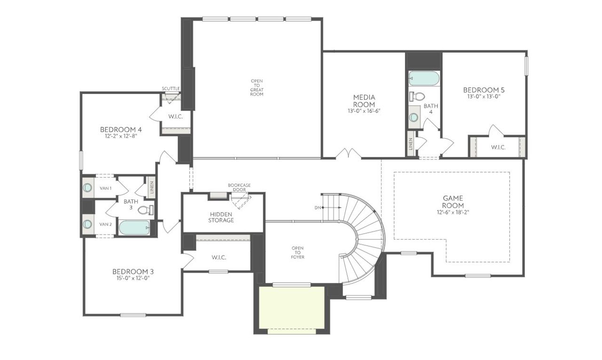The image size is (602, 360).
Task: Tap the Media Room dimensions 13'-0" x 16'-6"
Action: click(x=364, y=111)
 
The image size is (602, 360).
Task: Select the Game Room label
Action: click(x=453, y=202)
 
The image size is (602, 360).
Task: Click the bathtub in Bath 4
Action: click(x=424, y=78)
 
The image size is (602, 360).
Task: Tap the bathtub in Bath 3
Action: click(x=134, y=228)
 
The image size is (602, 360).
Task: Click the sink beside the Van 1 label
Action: click(x=88, y=188)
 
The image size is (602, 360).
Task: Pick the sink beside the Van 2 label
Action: click(x=88, y=224)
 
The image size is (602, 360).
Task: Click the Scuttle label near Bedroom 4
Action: click(x=170, y=88)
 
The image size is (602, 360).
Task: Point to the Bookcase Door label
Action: click(x=239, y=187)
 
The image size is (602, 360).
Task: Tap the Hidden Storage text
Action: click(x=222, y=217)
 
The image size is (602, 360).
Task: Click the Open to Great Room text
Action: click(x=257, y=87)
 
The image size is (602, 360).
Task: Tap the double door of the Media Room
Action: click(x=348, y=154)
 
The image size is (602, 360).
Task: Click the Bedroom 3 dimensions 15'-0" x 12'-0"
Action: click(x=133, y=278)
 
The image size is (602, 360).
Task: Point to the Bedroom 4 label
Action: click(x=121, y=130)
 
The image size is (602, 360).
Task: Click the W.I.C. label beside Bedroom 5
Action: click(x=498, y=147)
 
